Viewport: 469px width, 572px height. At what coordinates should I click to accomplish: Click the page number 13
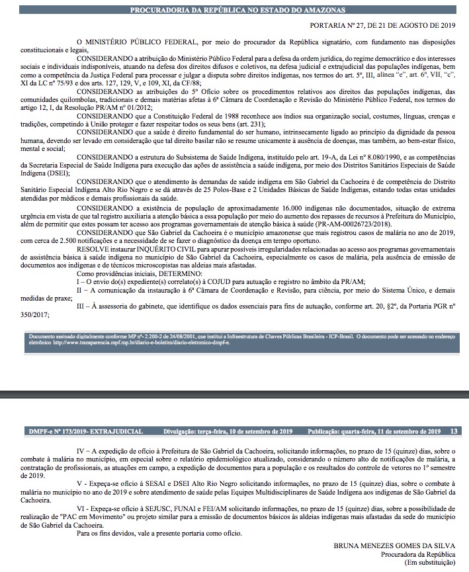tap(453, 431)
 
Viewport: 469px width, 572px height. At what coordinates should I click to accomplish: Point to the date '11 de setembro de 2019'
tap(402, 431)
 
